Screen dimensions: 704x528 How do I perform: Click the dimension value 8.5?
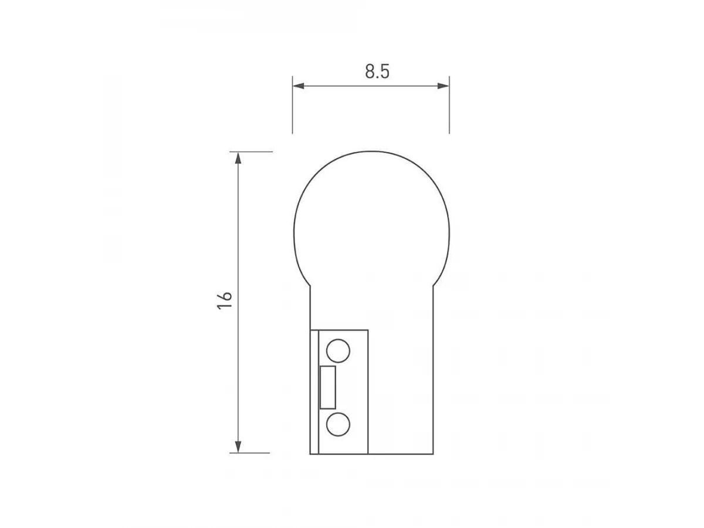click(x=377, y=72)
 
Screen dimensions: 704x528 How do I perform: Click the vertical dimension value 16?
click(x=225, y=300)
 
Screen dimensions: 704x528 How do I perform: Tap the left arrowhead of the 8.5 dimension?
click(x=298, y=86)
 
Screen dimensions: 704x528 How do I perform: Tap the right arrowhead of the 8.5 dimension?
click(x=444, y=86)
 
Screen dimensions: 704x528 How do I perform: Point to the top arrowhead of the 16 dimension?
click(x=238, y=158)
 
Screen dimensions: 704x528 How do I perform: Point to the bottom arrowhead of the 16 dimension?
click(x=238, y=447)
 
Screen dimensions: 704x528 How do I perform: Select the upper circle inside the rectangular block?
click(x=338, y=351)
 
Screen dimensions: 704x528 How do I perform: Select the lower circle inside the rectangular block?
click(x=338, y=424)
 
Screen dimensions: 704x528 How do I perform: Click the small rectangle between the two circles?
click(x=328, y=388)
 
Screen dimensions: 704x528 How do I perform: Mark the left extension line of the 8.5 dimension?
click(x=292, y=105)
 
